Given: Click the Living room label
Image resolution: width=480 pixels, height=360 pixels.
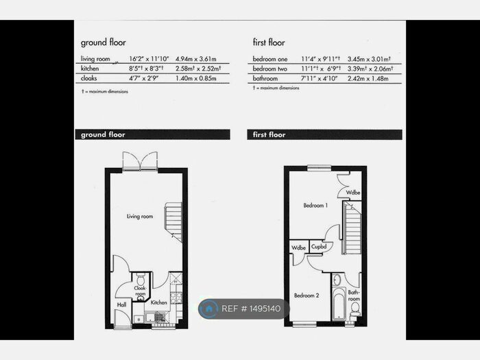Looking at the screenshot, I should [139, 217].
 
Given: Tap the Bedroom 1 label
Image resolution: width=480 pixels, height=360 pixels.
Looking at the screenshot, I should [316, 205].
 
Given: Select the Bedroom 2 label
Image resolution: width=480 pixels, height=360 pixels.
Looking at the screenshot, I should [306, 295].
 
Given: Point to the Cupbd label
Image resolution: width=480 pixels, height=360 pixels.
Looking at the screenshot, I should [318, 247].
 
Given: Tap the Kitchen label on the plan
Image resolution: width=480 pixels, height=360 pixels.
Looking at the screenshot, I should [159, 302].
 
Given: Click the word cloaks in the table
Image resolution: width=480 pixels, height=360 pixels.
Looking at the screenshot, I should [89, 79].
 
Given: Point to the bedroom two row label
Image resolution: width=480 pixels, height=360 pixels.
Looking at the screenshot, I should [269, 69].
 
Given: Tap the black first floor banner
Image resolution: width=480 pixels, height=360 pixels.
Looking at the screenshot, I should [324, 134].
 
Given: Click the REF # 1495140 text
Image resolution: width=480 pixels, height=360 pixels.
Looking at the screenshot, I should [252, 309].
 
